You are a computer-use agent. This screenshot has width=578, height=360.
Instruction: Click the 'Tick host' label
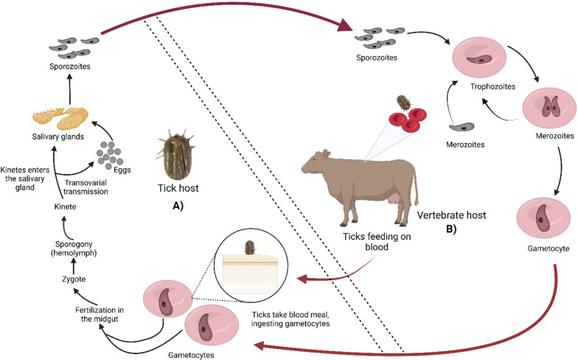click(x=178, y=188)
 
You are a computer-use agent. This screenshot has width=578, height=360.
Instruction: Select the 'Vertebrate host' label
click(x=451, y=215)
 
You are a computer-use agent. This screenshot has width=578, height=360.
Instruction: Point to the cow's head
click(x=314, y=163)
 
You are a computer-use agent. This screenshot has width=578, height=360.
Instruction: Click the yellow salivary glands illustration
click(x=60, y=117)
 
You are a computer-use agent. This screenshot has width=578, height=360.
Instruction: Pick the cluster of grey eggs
click(x=109, y=155)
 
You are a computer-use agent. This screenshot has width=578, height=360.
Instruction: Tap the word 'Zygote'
click(x=74, y=279)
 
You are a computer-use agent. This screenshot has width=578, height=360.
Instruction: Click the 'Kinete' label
click(x=65, y=207)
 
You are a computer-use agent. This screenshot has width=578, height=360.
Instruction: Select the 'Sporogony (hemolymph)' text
click(x=74, y=249)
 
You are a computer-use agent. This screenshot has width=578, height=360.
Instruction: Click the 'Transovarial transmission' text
click(x=86, y=187)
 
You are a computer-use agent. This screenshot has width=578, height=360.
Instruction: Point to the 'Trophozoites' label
click(x=492, y=86)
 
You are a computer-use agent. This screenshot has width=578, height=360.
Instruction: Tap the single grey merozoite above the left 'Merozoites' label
click(x=462, y=127)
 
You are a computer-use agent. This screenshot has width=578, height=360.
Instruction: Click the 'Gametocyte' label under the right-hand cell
click(x=549, y=249)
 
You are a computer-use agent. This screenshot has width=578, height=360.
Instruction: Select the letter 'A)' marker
click(x=178, y=206)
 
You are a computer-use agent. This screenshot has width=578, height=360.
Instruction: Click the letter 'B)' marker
click(x=451, y=229)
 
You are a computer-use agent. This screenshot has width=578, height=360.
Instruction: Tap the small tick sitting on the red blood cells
click(x=404, y=102)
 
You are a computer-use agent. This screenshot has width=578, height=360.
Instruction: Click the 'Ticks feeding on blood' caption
click(x=377, y=242)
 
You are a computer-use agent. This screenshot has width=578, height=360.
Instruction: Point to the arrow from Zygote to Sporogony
click(x=74, y=266)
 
